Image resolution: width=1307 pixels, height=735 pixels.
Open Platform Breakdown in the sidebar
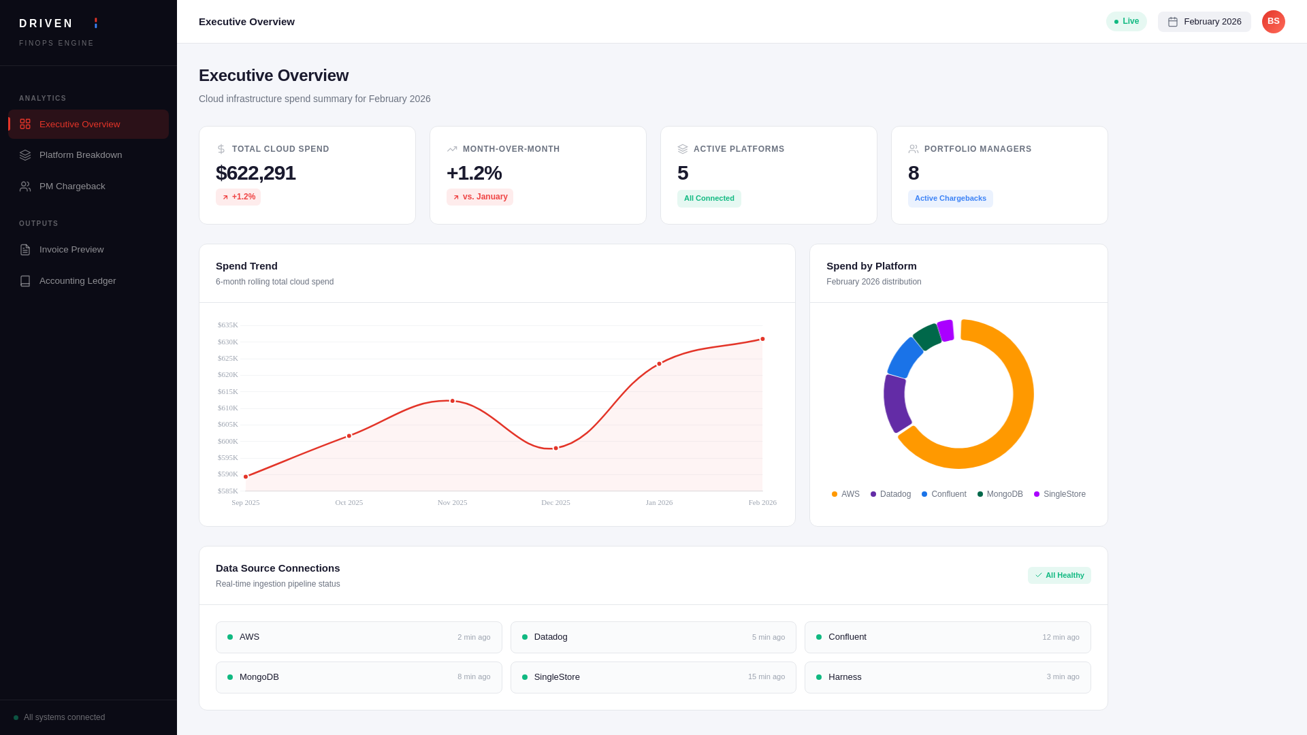click(x=80, y=155)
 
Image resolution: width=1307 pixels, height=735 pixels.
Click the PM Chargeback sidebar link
click(x=72, y=186)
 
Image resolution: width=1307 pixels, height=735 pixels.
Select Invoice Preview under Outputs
click(x=71, y=250)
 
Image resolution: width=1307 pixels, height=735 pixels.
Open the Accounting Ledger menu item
click(x=78, y=281)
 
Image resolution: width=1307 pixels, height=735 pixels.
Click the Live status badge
click(x=1126, y=22)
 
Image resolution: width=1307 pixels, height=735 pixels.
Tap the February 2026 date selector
click(x=1204, y=22)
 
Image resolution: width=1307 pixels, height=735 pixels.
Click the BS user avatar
click(x=1273, y=22)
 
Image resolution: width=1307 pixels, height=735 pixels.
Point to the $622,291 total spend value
click(x=255, y=173)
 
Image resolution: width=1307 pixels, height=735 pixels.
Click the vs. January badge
click(x=479, y=197)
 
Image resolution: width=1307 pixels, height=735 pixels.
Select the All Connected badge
click(x=709, y=199)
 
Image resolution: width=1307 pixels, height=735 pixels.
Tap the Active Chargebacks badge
click(x=950, y=199)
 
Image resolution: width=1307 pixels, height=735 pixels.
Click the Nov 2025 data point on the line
click(x=452, y=401)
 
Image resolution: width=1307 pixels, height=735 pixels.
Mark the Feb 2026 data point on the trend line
click(x=762, y=339)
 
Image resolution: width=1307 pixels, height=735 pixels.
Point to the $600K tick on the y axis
click(x=227, y=441)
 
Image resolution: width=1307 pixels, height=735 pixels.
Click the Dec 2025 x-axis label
click(x=555, y=503)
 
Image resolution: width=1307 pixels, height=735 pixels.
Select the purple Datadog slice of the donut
click(x=895, y=403)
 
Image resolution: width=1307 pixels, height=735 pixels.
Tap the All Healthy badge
click(x=1059, y=576)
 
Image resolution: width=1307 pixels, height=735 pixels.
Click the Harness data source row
click(x=947, y=677)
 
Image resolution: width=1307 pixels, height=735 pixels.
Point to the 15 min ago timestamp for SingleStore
click(x=766, y=677)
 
